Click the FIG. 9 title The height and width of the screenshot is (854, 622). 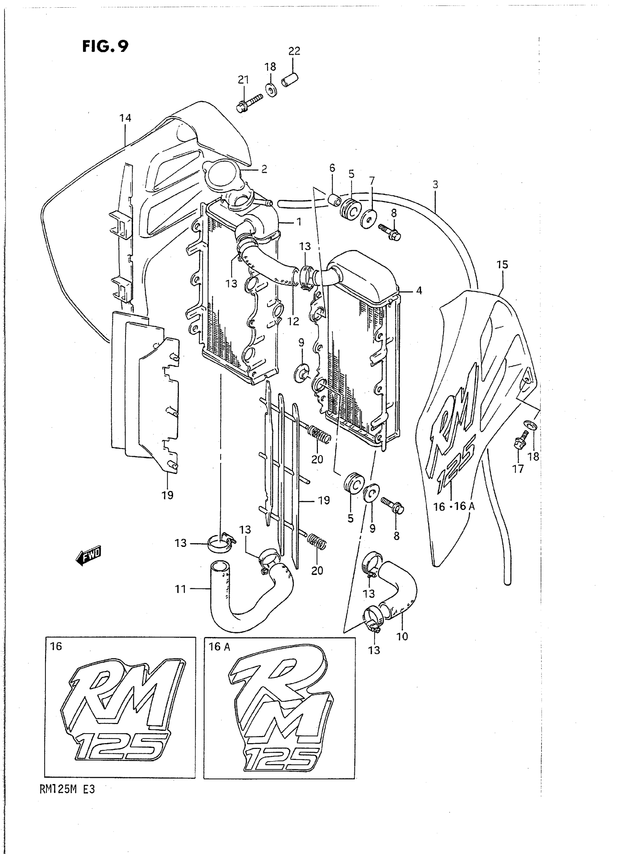(105, 46)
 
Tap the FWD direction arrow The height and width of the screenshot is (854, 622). (89, 556)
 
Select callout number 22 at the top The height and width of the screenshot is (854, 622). (294, 51)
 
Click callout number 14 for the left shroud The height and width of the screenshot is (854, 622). (125, 118)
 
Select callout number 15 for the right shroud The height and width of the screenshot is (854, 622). (502, 265)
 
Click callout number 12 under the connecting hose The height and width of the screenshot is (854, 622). (293, 321)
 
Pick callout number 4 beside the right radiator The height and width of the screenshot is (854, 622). (419, 290)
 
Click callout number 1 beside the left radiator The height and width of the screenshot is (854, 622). (299, 222)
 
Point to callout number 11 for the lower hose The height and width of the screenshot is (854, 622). (181, 589)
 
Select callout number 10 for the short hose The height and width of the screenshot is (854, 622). (402, 636)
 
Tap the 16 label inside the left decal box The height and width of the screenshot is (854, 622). (56, 646)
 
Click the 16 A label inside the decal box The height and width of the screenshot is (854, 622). (220, 647)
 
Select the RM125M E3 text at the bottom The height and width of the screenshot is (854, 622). (67, 790)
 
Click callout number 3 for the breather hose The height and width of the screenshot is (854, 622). (435, 184)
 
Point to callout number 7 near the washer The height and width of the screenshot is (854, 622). (372, 181)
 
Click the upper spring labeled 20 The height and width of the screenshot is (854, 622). (320, 435)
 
